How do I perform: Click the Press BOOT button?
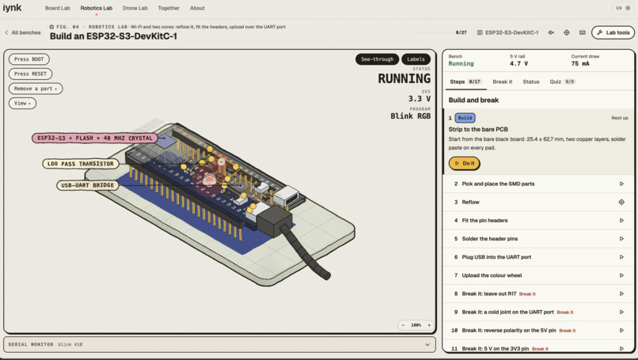28,59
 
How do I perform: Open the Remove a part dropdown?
36,89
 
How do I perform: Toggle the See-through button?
378,59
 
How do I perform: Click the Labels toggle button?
416,59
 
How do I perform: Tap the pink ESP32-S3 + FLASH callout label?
95,138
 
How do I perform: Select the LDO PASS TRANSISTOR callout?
81,164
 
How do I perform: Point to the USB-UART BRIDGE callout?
88,185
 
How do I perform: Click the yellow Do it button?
465,163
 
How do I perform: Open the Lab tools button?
613,32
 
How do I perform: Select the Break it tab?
503,81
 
